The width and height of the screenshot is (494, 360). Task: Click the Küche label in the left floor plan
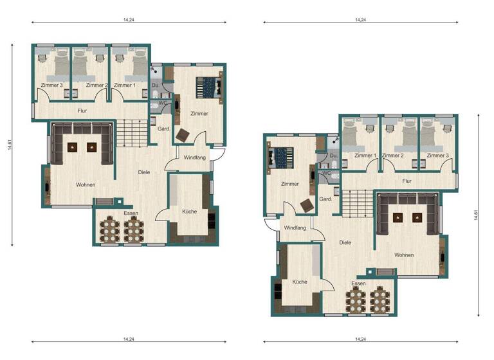click(189, 212)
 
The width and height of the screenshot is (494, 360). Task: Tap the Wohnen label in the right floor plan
click(404, 255)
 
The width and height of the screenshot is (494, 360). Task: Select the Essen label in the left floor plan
click(131, 213)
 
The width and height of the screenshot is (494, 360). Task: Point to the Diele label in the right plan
click(345, 242)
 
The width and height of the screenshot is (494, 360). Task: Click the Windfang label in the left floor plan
click(194, 157)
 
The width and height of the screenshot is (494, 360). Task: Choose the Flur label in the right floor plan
click(407, 181)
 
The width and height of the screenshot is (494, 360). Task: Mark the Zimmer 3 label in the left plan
click(51, 85)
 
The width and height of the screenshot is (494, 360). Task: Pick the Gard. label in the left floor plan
click(163, 129)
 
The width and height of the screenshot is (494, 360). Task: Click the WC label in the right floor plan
click(326, 173)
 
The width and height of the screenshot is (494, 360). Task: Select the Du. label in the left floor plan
click(156, 85)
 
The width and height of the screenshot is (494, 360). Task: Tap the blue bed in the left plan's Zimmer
click(206, 87)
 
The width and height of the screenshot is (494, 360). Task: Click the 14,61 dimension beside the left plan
click(10, 145)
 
